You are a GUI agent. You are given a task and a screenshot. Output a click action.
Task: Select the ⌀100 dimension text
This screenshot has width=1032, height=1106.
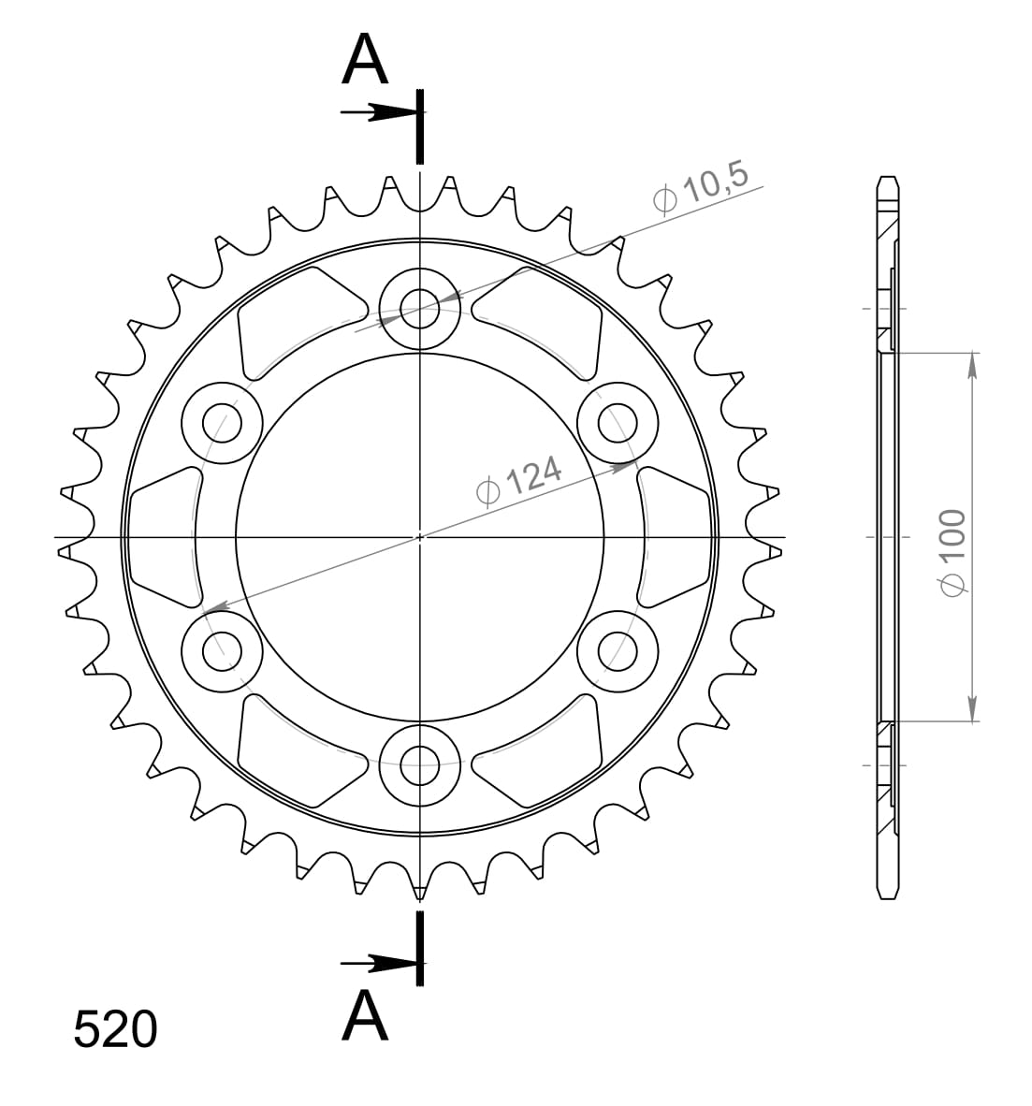pyautogui.click(x=952, y=552)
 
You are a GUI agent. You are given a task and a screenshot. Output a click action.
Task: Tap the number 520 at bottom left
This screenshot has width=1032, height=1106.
pyautogui.click(x=115, y=1030)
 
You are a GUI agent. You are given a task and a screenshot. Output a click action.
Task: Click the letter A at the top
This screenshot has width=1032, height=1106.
pyautogui.click(x=365, y=61)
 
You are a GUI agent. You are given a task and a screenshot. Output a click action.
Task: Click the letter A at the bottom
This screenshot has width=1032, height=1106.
pyautogui.click(x=365, y=1017)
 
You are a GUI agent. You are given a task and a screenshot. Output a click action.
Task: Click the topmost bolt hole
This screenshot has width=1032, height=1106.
pyautogui.click(x=420, y=308)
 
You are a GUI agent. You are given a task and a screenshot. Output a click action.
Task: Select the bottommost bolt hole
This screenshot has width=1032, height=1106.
pyautogui.click(x=420, y=764)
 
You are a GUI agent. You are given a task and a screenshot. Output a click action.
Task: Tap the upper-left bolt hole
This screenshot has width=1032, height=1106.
pyautogui.click(x=222, y=421)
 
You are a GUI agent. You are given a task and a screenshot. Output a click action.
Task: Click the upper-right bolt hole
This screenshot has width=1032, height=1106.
pyautogui.click(x=618, y=421)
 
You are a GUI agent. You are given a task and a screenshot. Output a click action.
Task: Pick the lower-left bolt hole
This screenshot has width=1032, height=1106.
pyautogui.click(x=222, y=649)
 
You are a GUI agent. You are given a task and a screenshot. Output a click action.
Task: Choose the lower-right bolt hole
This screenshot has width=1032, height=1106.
pyautogui.click(x=618, y=649)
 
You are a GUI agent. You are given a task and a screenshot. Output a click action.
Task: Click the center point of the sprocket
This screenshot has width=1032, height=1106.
pyautogui.click(x=420, y=537)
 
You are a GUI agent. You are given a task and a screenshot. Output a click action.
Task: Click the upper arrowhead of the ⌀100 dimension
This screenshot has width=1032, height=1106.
pyautogui.click(x=973, y=366)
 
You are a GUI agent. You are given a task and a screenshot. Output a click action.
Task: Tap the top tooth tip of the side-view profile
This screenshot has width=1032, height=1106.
pyautogui.click(x=888, y=179)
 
